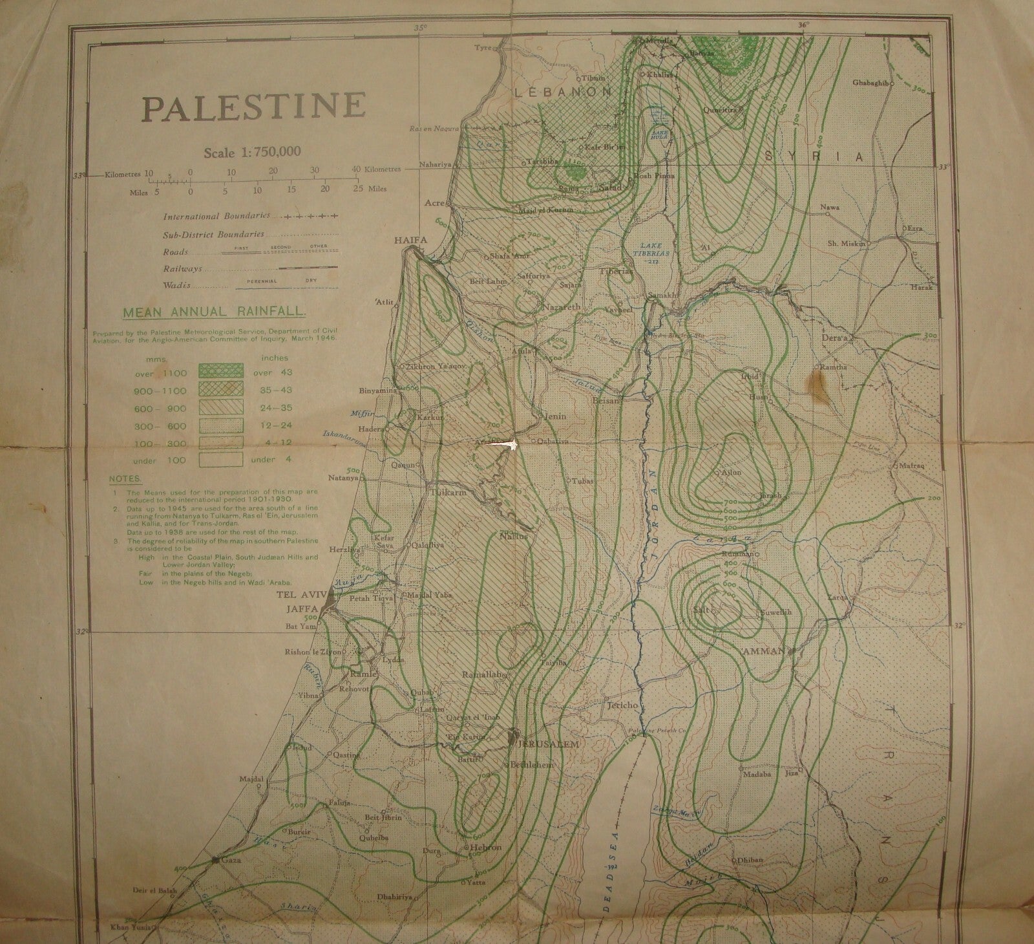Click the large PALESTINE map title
tap(254, 107)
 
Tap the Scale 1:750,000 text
tap(253, 153)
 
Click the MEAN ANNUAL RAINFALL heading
tap(214, 312)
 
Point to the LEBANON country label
tap(563, 92)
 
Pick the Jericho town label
tap(622, 706)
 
